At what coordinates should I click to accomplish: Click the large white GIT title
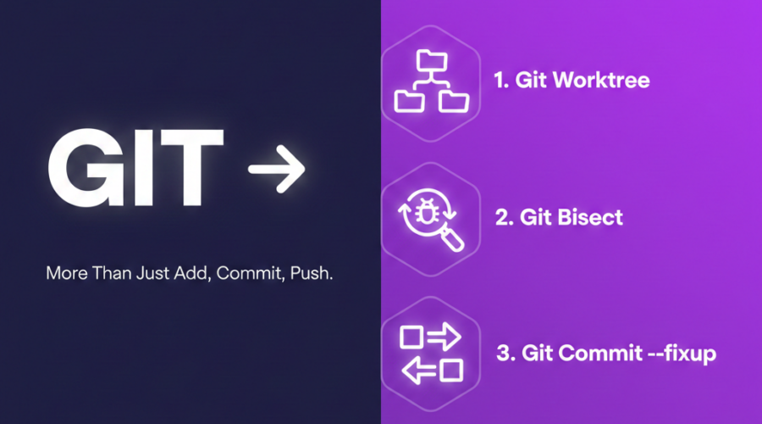[x=136, y=168]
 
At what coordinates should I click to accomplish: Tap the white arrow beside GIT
[x=276, y=169]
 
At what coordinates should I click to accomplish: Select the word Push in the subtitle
[x=311, y=273]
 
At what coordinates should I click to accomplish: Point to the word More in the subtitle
[x=67, y=273]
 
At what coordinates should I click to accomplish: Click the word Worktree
[x=602, y=80]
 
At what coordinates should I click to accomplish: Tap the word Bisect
[x=590, y=217]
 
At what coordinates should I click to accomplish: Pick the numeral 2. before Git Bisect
[x=505, y=217]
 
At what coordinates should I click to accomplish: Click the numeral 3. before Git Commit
[x=506, y=353]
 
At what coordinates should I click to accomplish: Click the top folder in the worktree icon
[x=432, y=60]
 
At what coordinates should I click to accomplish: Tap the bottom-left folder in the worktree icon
[x=409, y=101]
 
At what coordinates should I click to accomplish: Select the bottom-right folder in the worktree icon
[x=454, y=101]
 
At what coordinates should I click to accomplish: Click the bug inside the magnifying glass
[x=427, y=212]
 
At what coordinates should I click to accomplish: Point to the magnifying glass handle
[x=452, y=240]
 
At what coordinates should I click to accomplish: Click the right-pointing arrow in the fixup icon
[x=444, y=337]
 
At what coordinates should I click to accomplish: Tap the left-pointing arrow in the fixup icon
[x=419, y=371]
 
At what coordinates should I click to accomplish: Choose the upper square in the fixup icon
[x=411, y=337]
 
